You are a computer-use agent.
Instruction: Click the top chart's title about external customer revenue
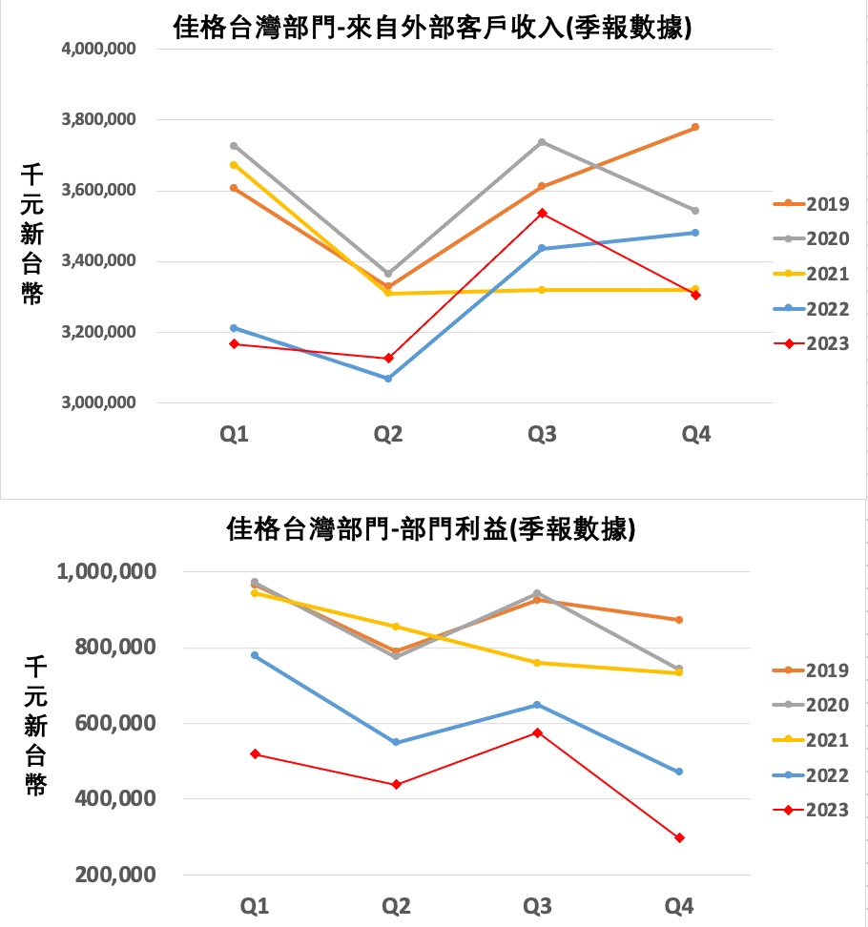coord(433,29)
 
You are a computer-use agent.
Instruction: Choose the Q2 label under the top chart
coord(388,435)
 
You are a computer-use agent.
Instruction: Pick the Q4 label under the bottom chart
coord(680,904)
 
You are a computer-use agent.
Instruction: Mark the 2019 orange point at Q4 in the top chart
coord(695,127)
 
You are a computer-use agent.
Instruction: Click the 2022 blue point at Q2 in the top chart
coord(388,379)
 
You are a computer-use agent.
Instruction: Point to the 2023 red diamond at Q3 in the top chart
coord(542,214)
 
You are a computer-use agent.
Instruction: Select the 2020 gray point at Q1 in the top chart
coord(234,146)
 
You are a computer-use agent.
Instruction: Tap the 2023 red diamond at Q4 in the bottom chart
coord(679,838)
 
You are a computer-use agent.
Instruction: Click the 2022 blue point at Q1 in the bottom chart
coord(255,655)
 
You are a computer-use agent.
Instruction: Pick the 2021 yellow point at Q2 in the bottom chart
coord(396,627)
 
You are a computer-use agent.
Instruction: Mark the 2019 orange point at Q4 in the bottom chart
coord(679,620)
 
